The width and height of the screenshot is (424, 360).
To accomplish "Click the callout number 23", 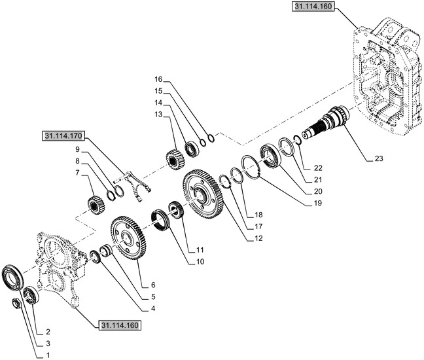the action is point(379,158).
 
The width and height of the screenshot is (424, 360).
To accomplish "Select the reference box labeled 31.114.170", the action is point(63,135).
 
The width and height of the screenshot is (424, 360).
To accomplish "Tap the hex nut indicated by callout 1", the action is point(17,304).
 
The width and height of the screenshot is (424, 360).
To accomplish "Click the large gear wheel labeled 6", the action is point(128,238).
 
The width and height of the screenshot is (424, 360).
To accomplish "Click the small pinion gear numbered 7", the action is point(96,206).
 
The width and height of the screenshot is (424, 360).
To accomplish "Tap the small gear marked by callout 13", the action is point(175,160).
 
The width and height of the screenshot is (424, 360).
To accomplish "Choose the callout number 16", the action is point(158,79).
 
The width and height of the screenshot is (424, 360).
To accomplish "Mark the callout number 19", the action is point(318,203).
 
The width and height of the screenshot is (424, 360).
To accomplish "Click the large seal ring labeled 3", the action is point(12,278).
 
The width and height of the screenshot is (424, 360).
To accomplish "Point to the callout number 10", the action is point(200,262).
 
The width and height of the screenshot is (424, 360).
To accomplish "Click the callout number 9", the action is point(78,149).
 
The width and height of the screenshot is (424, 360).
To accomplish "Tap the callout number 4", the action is point(153,308).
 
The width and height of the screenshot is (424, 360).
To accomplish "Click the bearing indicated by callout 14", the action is point(192,149).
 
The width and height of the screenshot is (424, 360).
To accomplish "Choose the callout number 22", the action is point(318,168).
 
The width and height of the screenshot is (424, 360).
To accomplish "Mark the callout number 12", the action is point(258,238).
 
